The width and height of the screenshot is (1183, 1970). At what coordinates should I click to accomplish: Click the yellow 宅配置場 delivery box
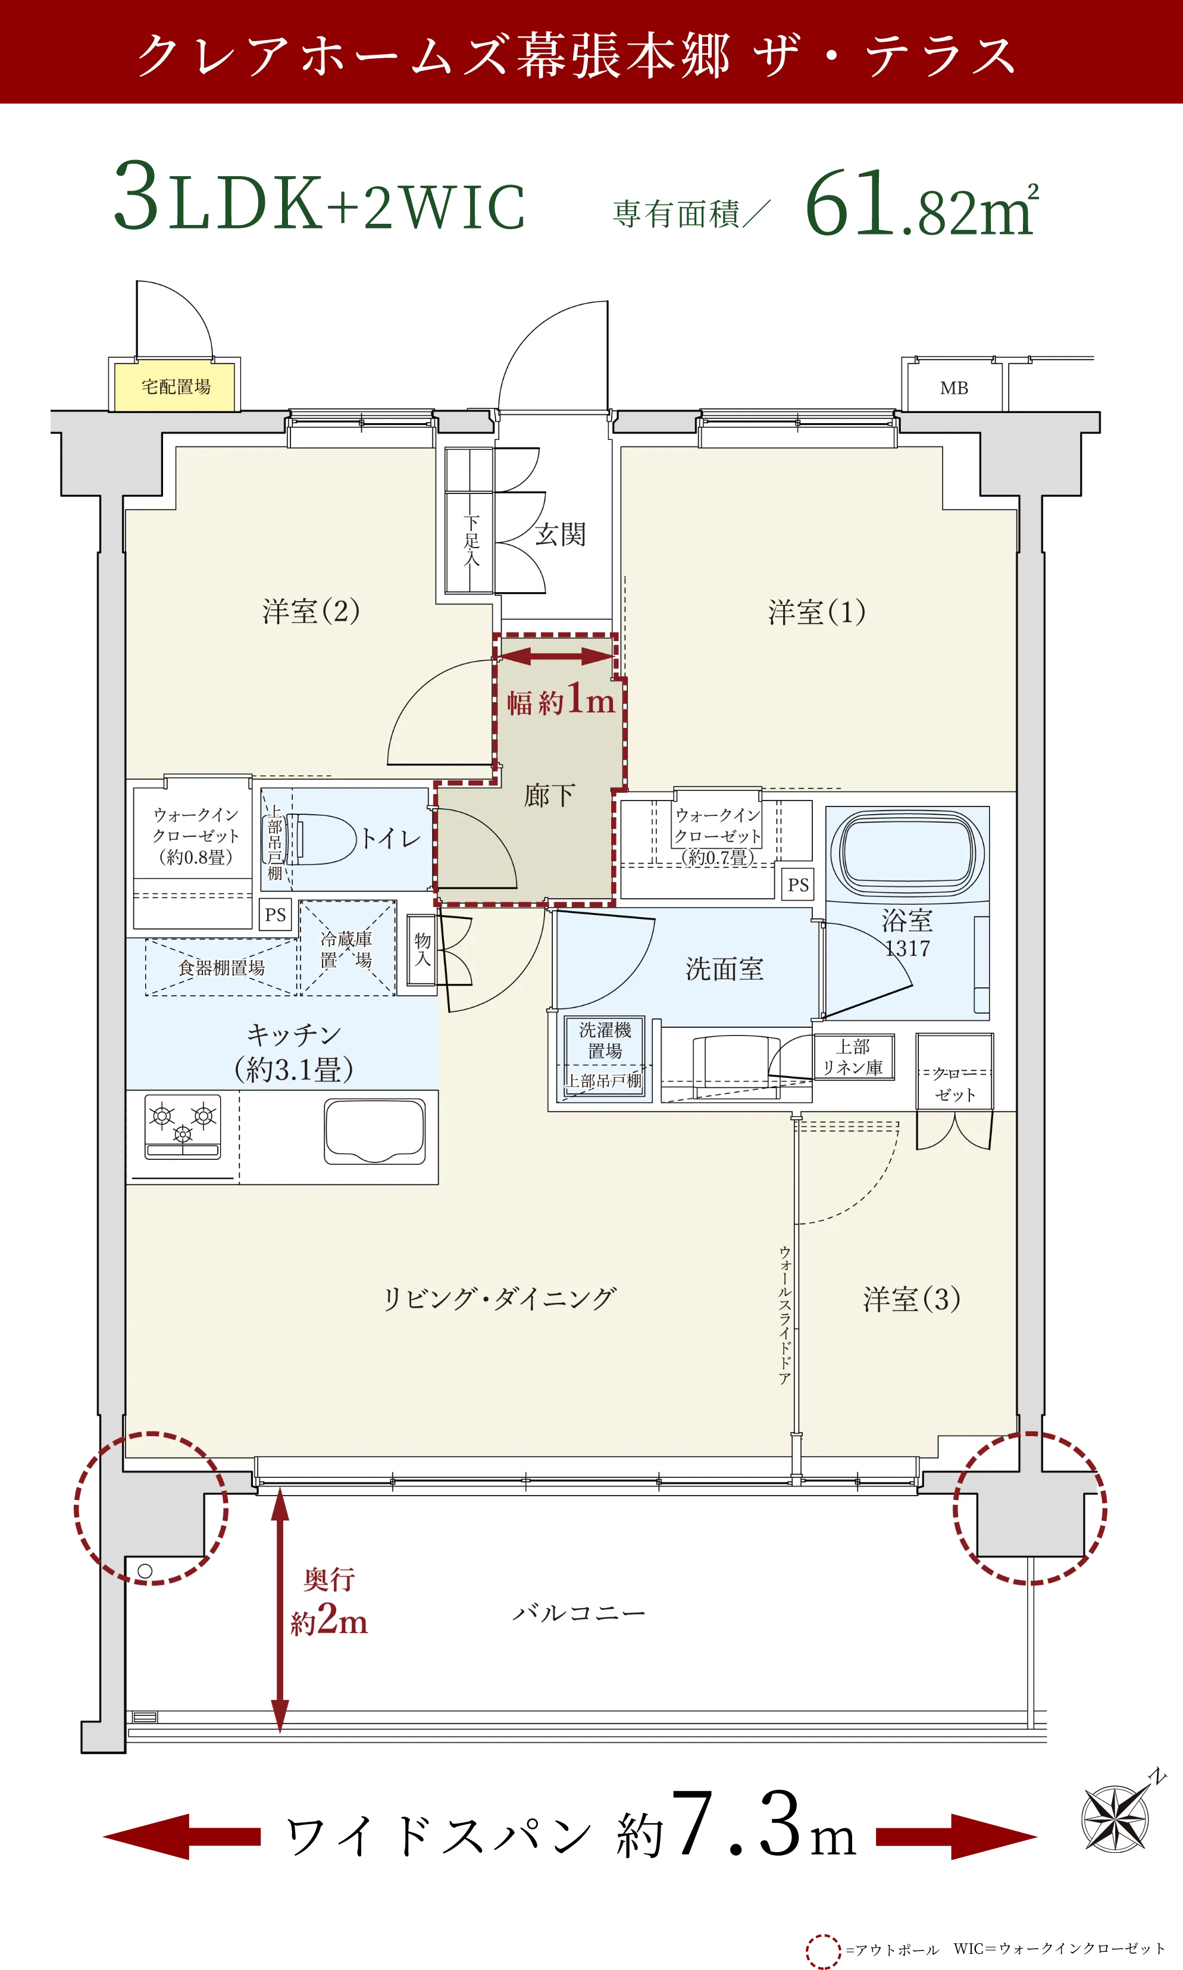pyautogui.click(x=176, y=387)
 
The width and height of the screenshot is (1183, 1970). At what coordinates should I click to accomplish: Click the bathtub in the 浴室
pyautogui.click(x=907, y=853)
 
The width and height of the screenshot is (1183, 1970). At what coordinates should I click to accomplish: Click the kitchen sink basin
pyautogui.click(x=375, y=1130)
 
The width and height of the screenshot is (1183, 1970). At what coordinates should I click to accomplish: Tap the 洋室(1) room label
pyautogui.click(x=816, y=612)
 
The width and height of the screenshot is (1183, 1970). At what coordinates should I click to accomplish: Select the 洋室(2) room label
pyautogui.click(x=311, y=611)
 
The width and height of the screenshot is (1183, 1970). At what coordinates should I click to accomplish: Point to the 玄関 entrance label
pyautogui.click(x=561, y=534)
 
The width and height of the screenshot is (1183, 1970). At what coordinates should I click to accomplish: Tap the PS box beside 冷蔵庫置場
pyautogui.click(x=275, y=914)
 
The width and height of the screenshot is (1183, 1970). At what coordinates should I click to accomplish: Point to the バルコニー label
pyautogui.click(x=579, y=1613)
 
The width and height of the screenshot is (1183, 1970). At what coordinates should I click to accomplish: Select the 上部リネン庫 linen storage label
pyautogui.click(x=852, y=1056)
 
